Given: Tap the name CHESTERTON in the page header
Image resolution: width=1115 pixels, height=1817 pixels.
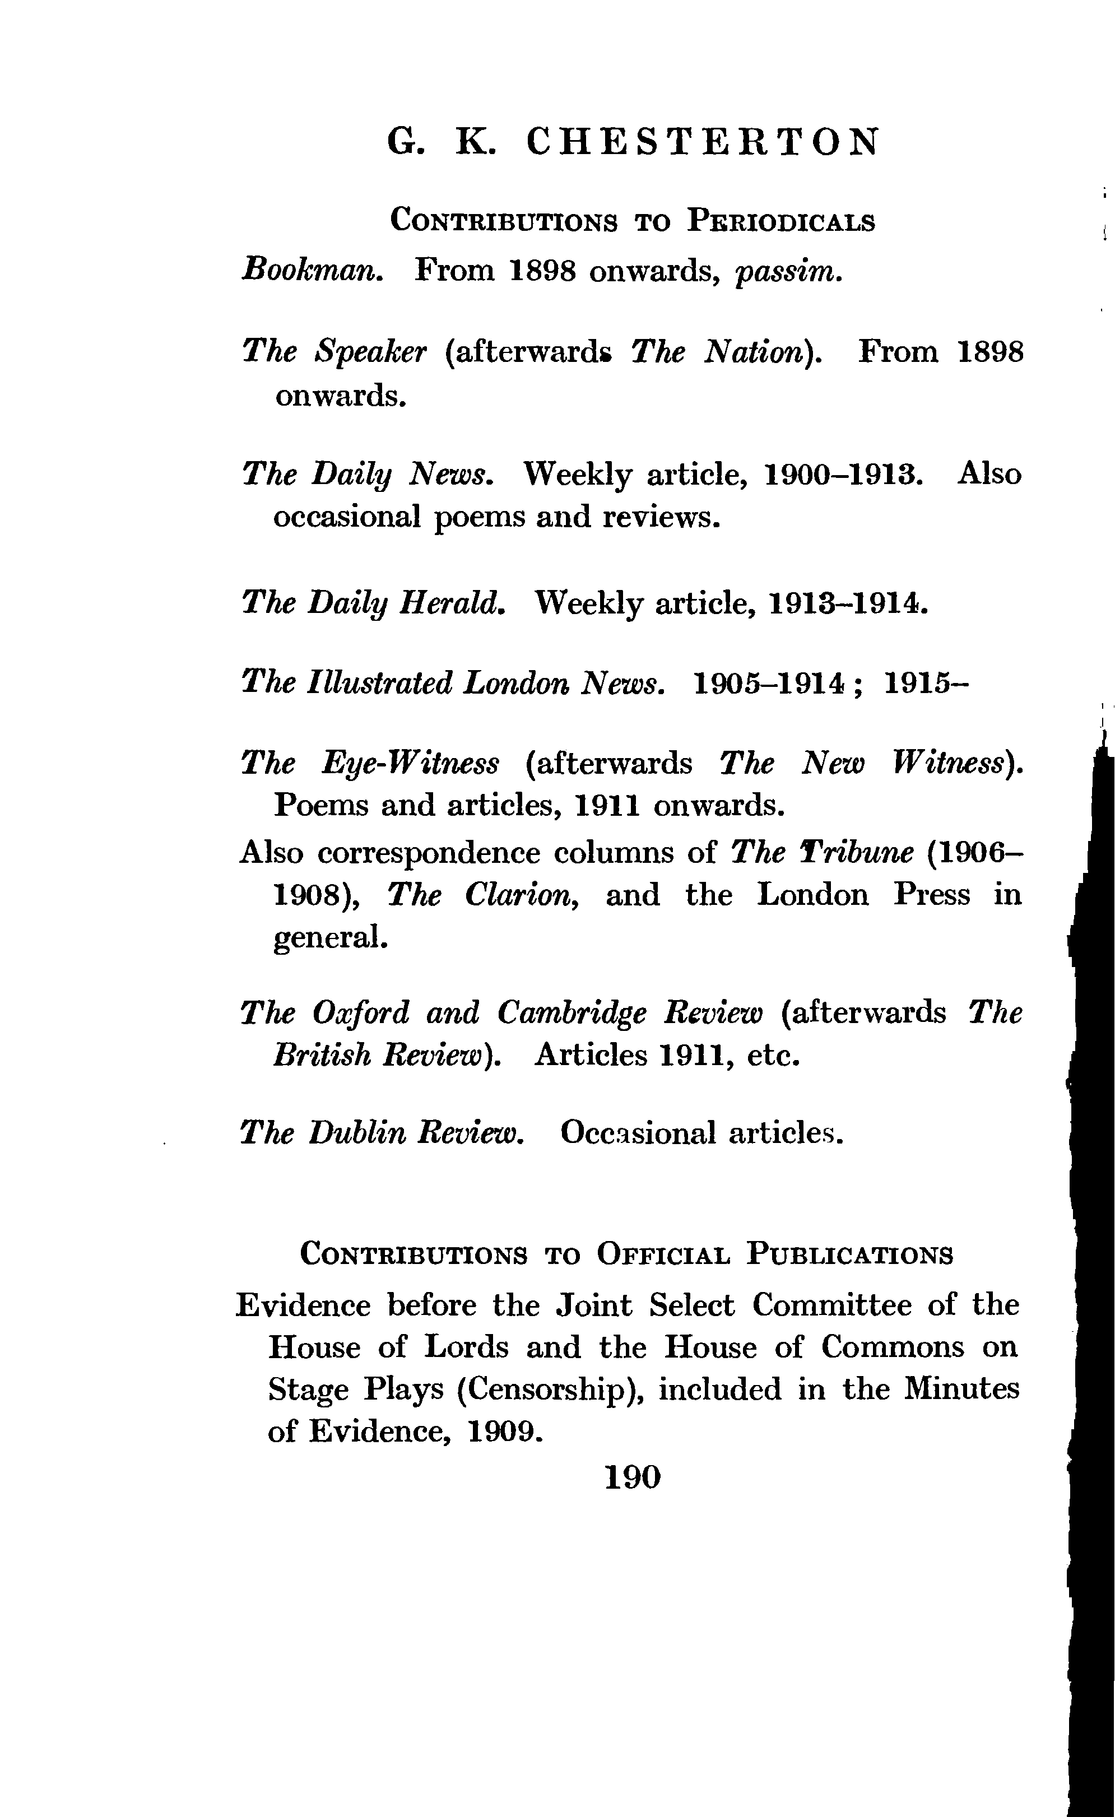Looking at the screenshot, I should coord(704,142).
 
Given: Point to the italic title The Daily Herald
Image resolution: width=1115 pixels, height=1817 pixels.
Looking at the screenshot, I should coord(373,603).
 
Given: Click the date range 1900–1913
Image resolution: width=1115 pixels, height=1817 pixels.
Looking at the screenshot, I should coord(843,473).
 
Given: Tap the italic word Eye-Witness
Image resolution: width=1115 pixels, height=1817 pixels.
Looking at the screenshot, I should coord(411,764).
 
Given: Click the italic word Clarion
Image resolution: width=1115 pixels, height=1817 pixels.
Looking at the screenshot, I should coord(519,895).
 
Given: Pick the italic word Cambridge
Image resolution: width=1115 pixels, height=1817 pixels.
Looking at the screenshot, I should coord(571,1013).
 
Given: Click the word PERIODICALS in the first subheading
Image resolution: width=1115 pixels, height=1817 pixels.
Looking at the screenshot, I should coord(780,221).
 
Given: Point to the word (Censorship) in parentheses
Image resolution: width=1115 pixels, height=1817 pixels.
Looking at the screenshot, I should coord(550,1390).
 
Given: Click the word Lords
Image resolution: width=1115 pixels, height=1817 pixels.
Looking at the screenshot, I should coord(466,1347).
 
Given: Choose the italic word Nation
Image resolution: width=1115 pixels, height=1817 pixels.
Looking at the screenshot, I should coord(760,352).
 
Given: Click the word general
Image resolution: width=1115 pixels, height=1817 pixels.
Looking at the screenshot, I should coord(329,938).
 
